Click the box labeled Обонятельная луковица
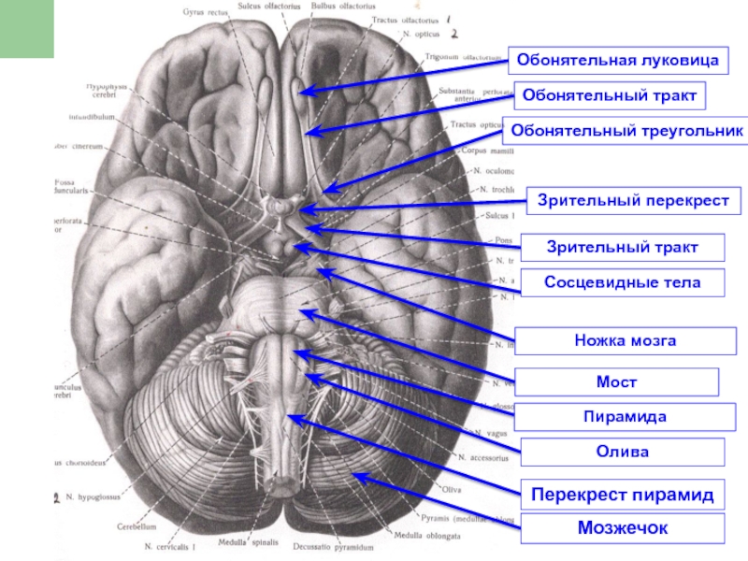618,62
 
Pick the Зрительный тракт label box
623,248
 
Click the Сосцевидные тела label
623,282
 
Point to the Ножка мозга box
626,341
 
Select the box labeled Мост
617,382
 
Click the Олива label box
623,453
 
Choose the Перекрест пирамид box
623,494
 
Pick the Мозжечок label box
623,529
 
